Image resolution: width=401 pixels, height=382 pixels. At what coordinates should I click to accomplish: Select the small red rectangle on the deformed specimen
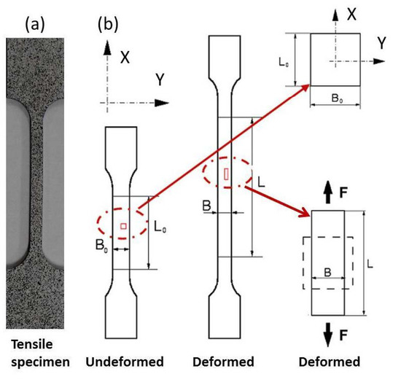(x=227, y=174)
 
